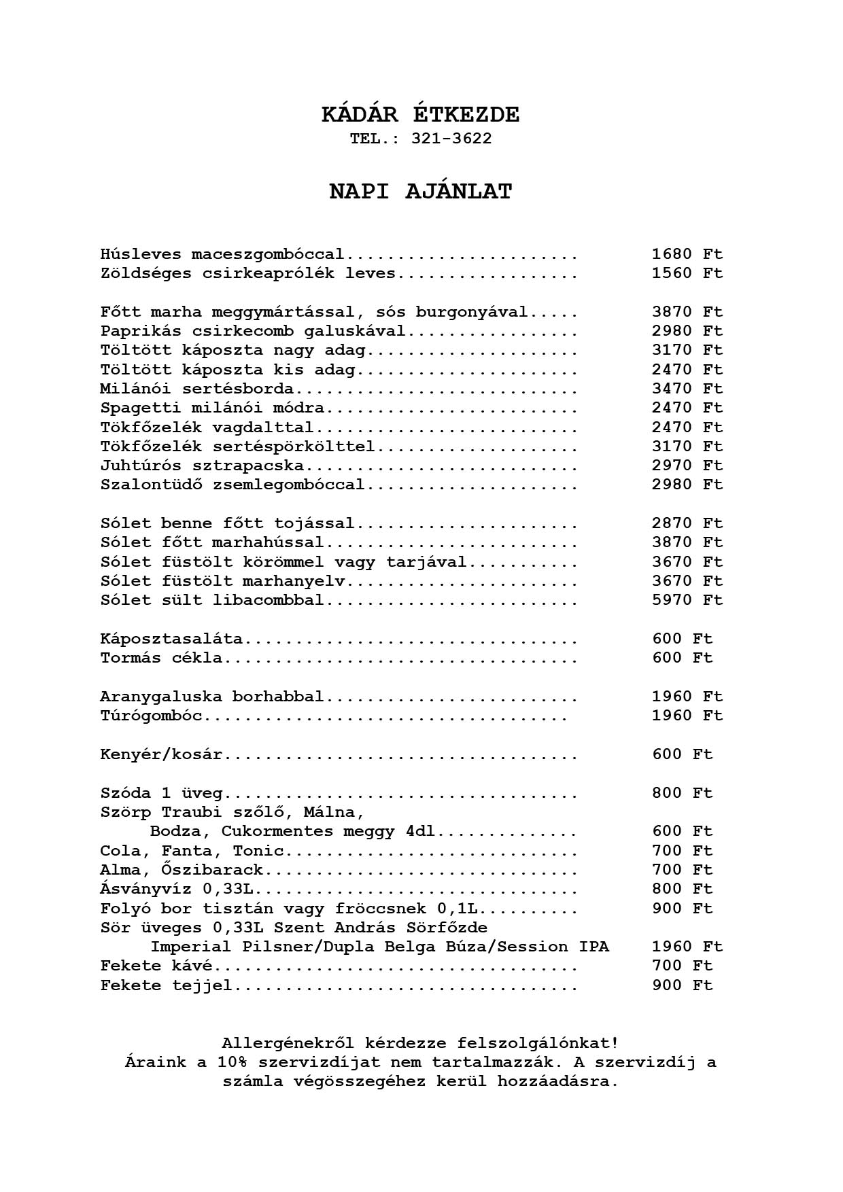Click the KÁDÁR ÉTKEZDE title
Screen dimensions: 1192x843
point(420,115)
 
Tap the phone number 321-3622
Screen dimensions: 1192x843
point(451,139)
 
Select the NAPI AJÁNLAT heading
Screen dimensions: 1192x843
point(420,192)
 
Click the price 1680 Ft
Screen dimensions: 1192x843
point(687,254)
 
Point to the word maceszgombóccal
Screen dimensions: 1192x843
point(268,255)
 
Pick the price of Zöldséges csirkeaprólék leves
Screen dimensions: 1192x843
point(687,273)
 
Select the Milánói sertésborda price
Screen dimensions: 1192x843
point(687,389)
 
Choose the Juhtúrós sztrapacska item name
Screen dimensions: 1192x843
point(202,466)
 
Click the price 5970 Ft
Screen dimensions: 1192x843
point(687,600)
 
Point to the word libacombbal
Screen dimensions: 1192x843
point(268,601)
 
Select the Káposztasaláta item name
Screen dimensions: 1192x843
point(171,639)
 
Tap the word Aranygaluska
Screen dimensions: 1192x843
point(161,697)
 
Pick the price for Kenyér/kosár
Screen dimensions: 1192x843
point(682,754)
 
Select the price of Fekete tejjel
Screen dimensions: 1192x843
point(682,985)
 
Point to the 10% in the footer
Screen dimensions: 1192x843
point(233,1062)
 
